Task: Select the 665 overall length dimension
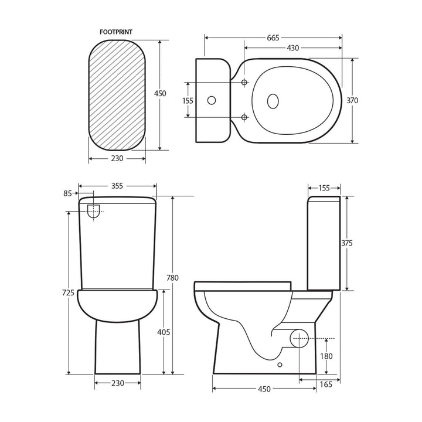[x=273, y=38]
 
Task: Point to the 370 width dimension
[x=352, y=100]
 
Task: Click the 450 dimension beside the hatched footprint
[x=160, y=94]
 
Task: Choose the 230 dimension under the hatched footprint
[x=117, y=158]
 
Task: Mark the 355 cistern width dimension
[x=117, y=186]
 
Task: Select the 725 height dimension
[x=68, y=292]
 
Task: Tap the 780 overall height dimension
[x=172, y=278]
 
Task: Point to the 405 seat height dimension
[x=164, y=332]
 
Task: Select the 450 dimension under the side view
[x=264, y=389]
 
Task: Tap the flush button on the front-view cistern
[x=94, y=211]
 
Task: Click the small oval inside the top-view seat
[x=273, y=101]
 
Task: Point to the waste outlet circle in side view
[x=300, y=339]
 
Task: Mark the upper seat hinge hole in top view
[x=244, y=83]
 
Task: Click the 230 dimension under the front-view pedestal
[x=118, y=383]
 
